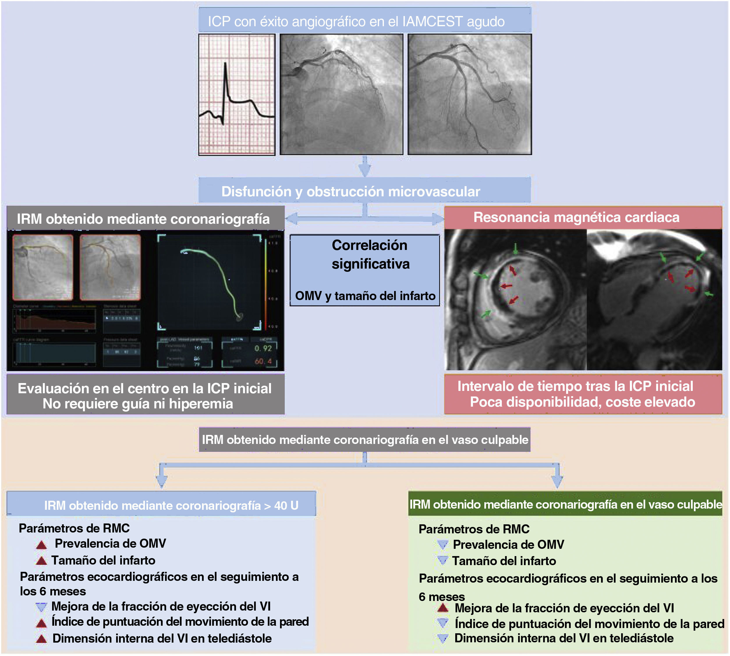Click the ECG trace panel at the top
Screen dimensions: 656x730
[x=237, y=94]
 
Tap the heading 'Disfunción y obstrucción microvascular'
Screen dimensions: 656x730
[x=350, y=191]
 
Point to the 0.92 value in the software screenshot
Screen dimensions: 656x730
[x=263, y=348]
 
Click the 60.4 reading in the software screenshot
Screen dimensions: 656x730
[x=263, y=361]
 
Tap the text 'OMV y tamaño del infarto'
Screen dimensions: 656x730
[x=365, y=296]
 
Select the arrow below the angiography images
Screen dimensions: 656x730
[x=365, y=167]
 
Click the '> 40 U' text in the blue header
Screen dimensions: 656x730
[x=286, y=505]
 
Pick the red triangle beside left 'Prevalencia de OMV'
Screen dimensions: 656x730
[x=41, y=545]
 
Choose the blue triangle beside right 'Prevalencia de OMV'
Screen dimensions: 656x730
[x=443, y=545]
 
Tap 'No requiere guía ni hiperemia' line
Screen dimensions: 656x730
[x=138, y=404]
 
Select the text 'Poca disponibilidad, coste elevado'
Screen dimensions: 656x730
[x=582, y=402]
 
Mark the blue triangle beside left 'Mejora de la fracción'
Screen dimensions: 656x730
[x=41, y=607]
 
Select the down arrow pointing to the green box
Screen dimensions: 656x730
[x=557, y=478]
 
